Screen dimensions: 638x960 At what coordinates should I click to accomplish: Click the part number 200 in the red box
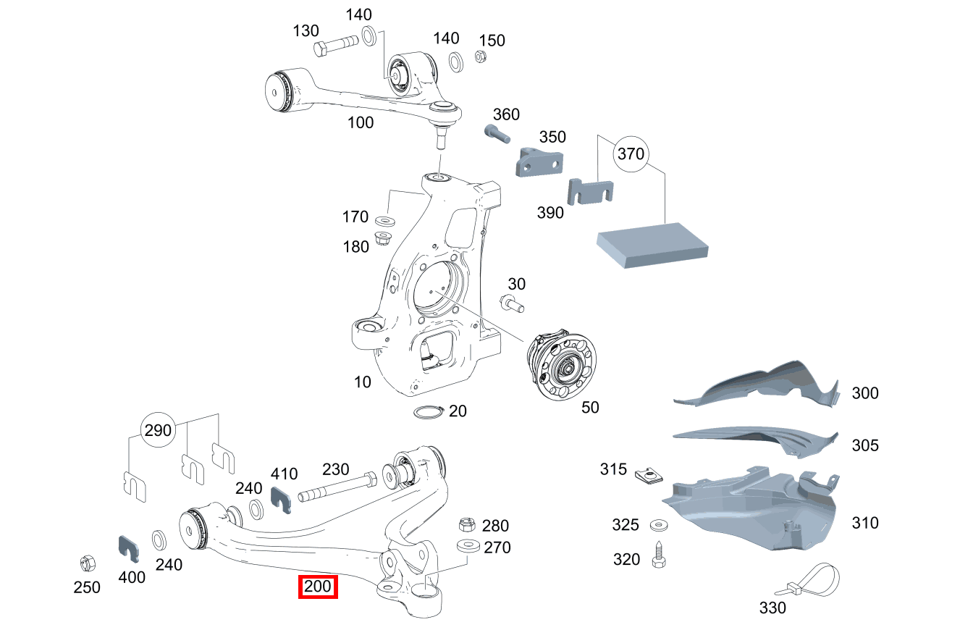[x=319, y=587]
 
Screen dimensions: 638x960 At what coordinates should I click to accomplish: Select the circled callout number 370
[x=630, y=154]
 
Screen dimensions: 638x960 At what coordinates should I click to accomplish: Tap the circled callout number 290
[x=158, y=430]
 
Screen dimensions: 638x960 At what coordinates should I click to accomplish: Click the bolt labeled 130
[x=337, y=49]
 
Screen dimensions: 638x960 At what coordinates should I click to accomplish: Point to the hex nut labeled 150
[x=479, y=56]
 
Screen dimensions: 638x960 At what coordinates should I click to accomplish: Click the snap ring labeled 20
[x=427, y=413]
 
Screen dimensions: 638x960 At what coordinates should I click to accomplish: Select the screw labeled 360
[x=496, y=133]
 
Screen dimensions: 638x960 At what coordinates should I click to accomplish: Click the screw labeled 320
[x=660, y=555]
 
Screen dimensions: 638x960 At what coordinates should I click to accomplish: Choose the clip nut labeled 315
[x=649, y=475]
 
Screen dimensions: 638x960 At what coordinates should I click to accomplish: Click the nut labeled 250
[x=86, y=562]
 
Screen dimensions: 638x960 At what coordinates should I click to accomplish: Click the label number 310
[x=864, y=523]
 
